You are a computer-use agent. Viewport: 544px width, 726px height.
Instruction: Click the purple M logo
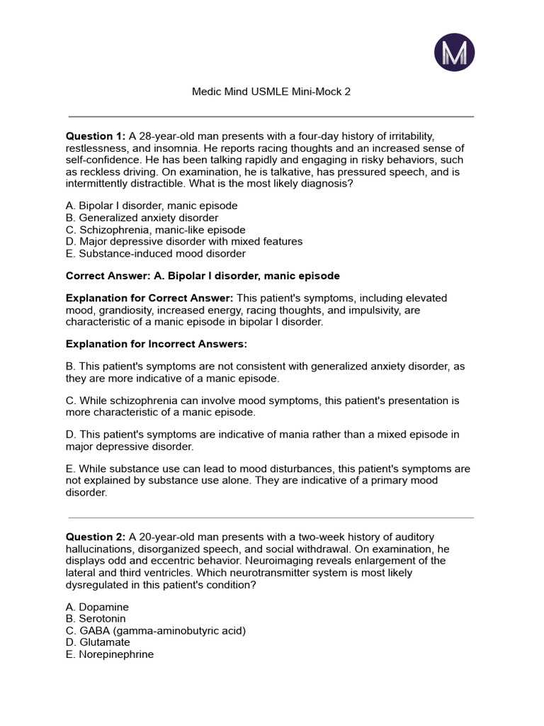pyautogui.click(x=453, y=52)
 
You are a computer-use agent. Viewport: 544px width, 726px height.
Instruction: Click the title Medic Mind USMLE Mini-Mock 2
pyautogui.click(x=272, y=91)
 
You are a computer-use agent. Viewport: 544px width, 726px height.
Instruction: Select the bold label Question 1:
pyautogui.click(x=96, y=136)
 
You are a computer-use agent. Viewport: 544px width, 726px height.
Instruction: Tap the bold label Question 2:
pyautogui.click(x=96, y=537)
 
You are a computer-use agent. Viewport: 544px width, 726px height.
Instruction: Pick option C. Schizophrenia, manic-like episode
pyautogui.click(x=156, y=230)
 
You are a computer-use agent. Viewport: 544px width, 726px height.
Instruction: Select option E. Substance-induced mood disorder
pyautogui.click(x=156, y=253)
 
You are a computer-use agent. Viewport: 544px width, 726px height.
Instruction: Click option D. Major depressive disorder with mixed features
pyautogui.click(x=184, y=242)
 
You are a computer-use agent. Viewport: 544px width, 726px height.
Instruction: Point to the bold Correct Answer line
pyautogui.click(x=203, y=276)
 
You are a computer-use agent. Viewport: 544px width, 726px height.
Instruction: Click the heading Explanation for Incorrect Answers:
pyautogui.click(x=157, y=344)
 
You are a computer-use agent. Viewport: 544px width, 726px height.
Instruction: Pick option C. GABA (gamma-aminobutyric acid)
pyautogui.click(x=156, y=631)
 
